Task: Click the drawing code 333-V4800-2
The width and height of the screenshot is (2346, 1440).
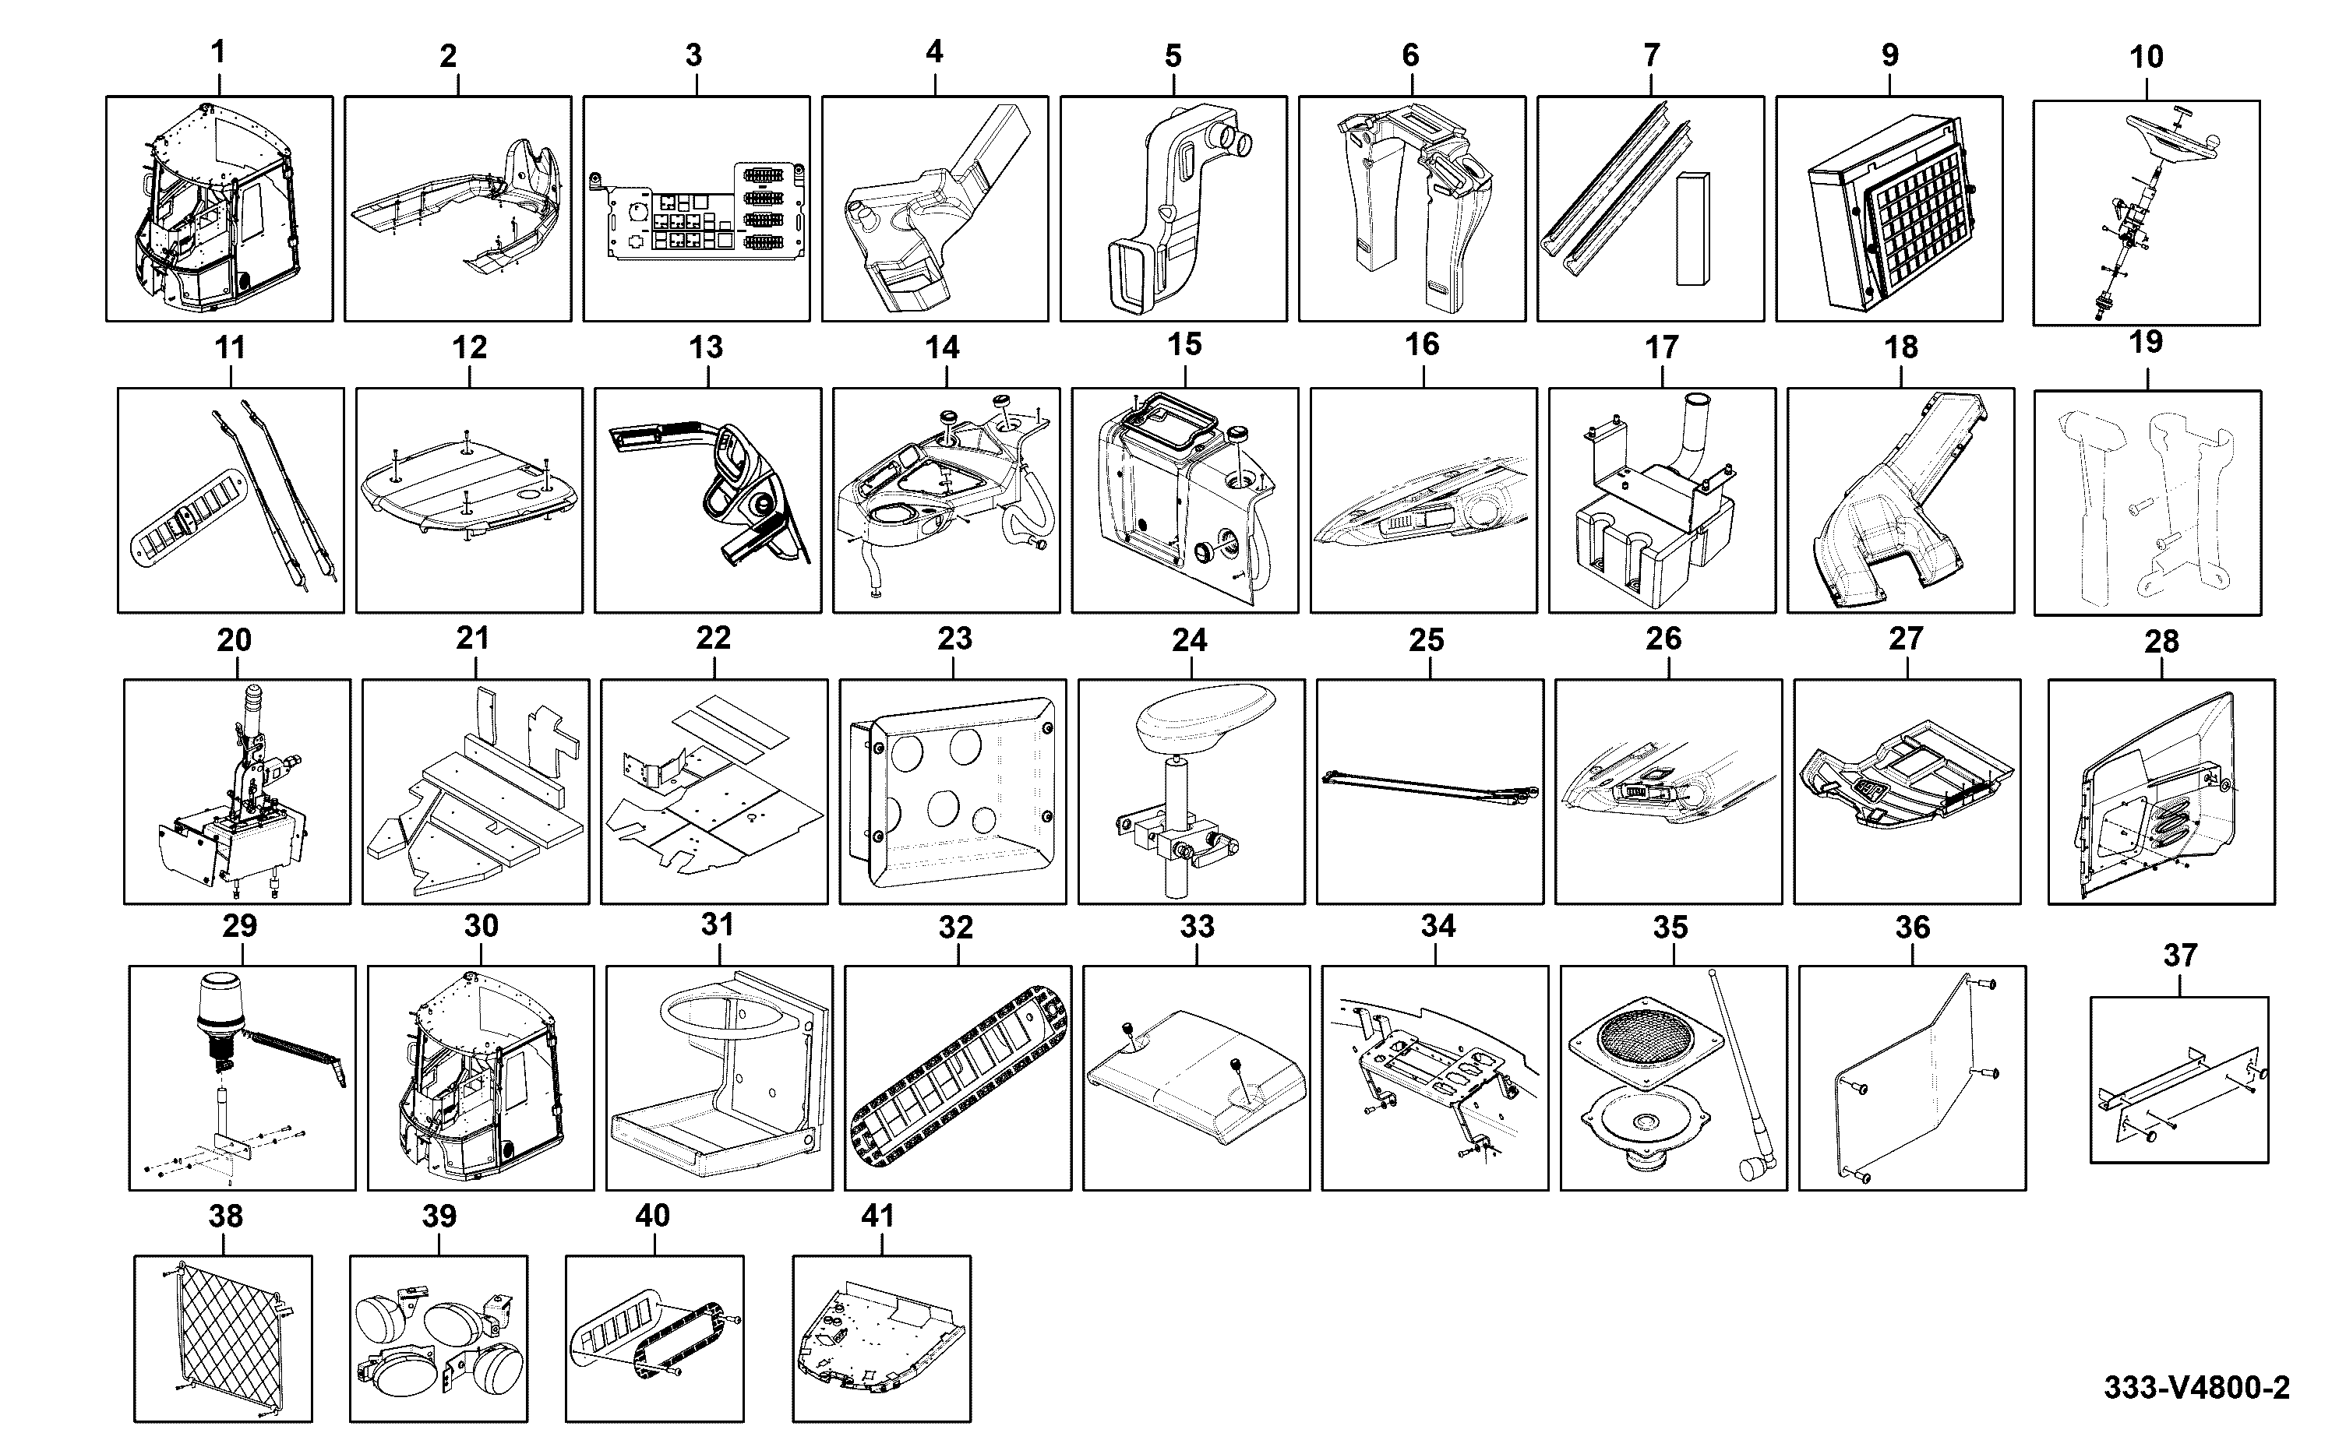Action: coord(2196,1388)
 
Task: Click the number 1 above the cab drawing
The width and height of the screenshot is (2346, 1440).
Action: coord(218,52)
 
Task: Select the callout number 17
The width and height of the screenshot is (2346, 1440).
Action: coord(1661,347)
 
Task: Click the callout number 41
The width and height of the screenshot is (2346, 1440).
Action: coord(877,1216)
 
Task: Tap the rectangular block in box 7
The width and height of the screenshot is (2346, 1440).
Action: coord(1692,227)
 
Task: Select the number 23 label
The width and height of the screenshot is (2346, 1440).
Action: coord(954,638)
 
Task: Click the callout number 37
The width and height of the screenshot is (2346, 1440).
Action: coord(2180,956)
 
